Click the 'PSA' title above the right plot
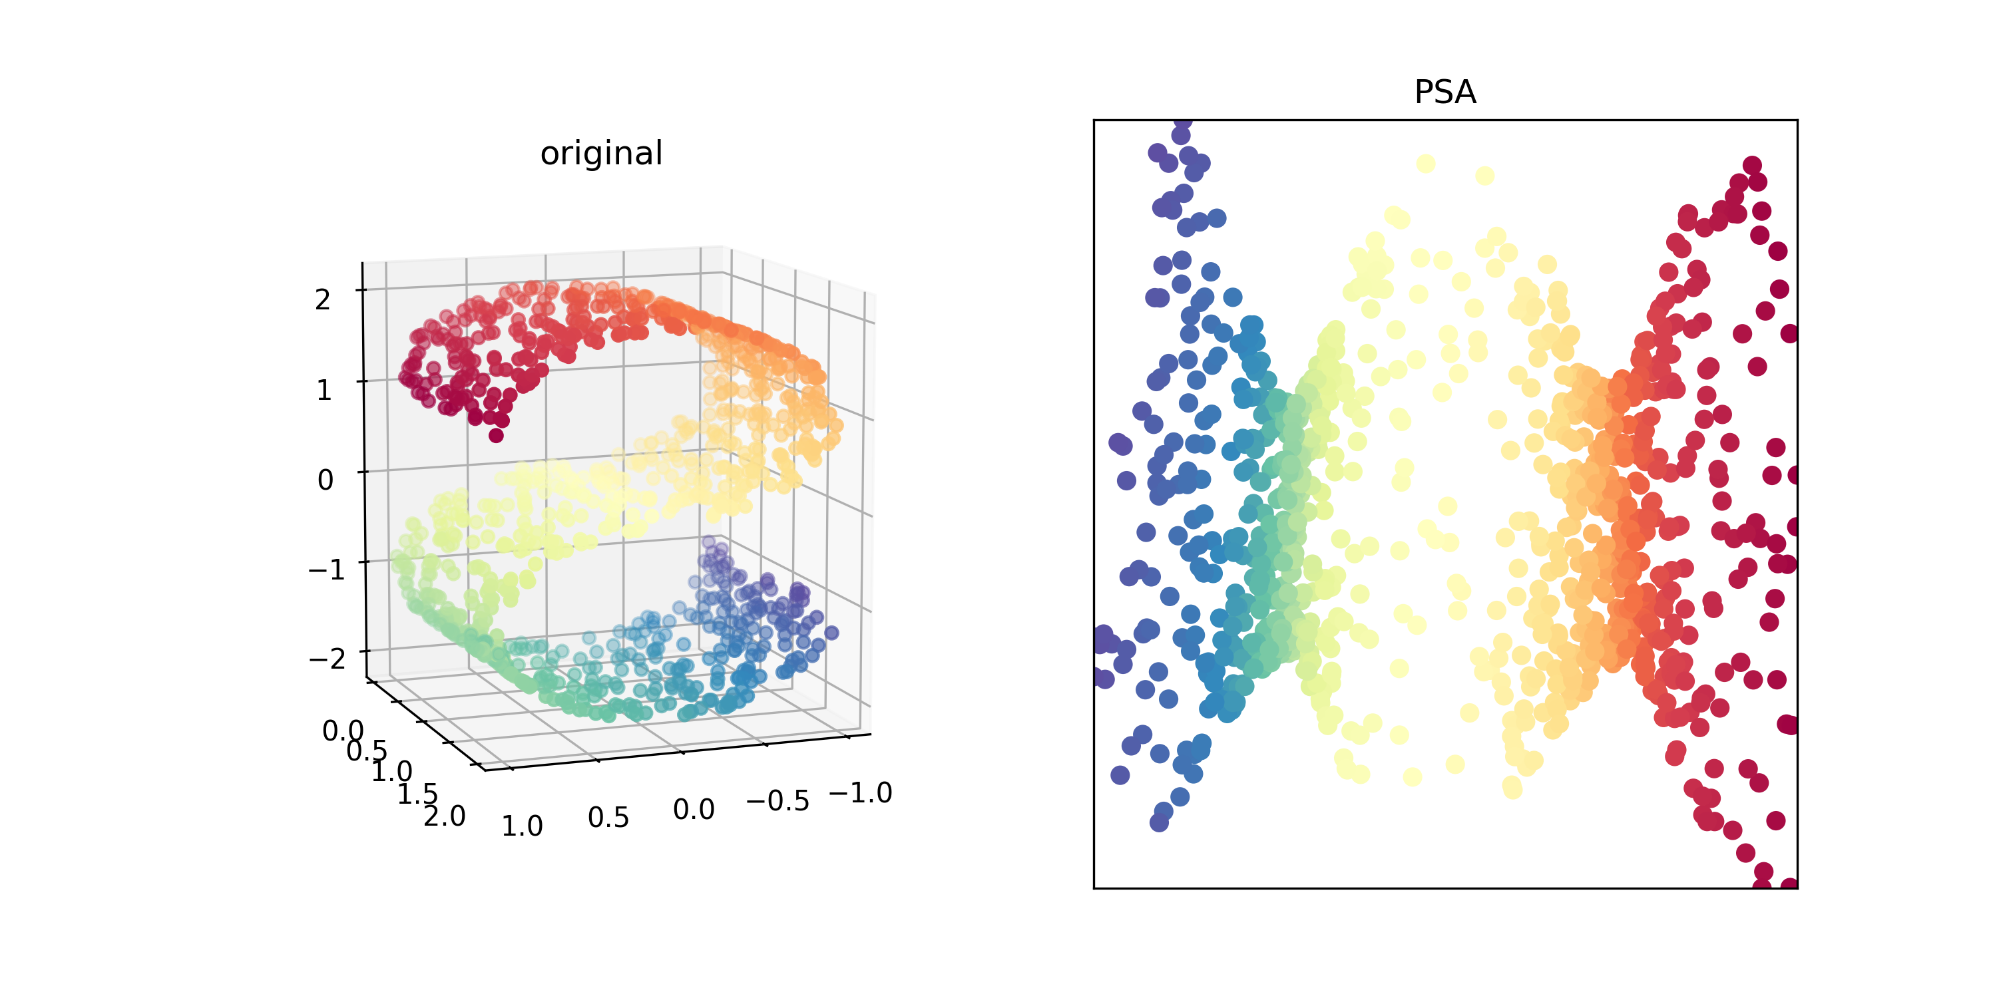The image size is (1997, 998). point(1444,92)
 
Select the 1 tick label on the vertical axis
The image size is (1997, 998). point(324,390)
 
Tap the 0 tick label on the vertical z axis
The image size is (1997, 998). point(326,480)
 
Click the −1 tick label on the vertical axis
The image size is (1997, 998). point(326,570)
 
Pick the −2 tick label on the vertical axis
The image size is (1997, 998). point(327,659)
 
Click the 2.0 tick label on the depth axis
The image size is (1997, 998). point(445,816)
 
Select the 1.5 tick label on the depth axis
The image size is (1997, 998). point(419,794)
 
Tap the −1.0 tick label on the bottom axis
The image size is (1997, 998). point(861,792)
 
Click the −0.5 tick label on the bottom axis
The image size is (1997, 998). point(777,801)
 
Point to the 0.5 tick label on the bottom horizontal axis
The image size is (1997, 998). point(608,818)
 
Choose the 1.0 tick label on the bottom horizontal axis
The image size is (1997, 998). point(522,826)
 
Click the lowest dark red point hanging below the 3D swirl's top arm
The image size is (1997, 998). point(496,436)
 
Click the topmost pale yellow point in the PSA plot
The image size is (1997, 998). point(1425,164)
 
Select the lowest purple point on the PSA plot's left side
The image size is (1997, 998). point(1159,823)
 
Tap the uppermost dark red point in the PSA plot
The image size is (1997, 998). point(1752,165)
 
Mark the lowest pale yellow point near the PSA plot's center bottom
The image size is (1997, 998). point(1512,788)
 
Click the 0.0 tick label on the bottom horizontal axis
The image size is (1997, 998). point(694,810)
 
